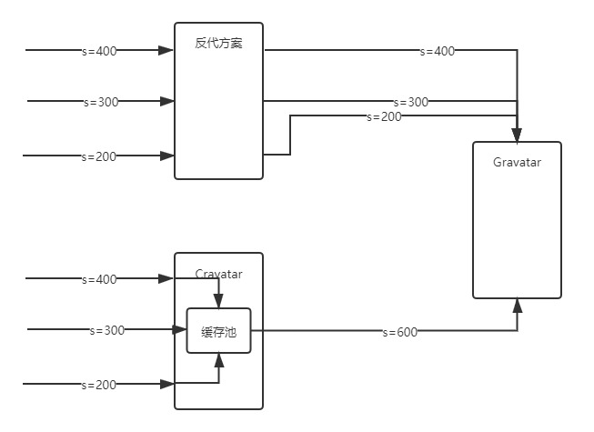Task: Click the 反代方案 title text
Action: [x=218, y=44]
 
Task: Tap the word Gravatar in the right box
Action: [x=517, y=163]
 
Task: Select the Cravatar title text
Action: [x=218, y=274]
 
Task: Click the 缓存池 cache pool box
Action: [x=218, y=332]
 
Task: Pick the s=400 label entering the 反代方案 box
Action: [x=99, y=51]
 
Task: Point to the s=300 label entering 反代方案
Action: [x=101, y=102]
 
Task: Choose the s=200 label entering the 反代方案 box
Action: [x=99, y=156]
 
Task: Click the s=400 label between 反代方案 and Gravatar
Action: [x=437, y=51]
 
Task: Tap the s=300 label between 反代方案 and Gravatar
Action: [x=410, y=102]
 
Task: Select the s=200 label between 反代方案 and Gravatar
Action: [x=384, y=116]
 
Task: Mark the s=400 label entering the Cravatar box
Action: [x=99, y=279]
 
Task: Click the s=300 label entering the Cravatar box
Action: [x=106, y=330]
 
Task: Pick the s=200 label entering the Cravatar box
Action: [x=99, y=385]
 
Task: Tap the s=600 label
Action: [x=399, y=332]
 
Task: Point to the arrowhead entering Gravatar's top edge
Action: [x=517, y=136]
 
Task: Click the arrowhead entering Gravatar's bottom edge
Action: [x=517, y=305]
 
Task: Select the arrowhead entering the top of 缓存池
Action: [x=218, y=302]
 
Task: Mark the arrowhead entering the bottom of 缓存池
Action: [x=218, y=361]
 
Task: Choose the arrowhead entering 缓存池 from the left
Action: [x=180, y=330]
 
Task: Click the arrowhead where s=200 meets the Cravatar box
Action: [x=167, y=385]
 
